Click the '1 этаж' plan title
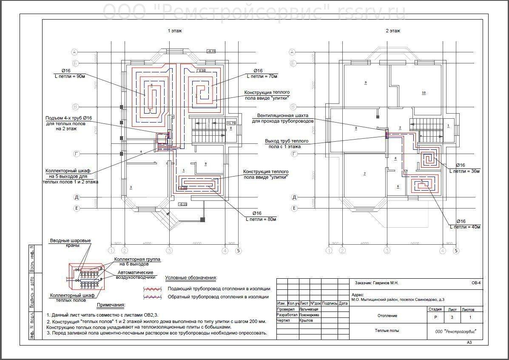[x=175, y=31]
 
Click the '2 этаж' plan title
[x=392, y=31]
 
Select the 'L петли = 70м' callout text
[x=262, y=76]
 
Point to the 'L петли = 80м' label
[x=261, y=220]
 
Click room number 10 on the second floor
[x=424, y=92]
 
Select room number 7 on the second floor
[x=364, y=173]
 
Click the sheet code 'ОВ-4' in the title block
[x=476, y=283]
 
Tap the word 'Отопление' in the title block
[x=387, y=316]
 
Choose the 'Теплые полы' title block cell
[x=387, y=330]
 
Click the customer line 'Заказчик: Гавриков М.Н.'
[x=376, y=283]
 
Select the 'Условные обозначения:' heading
[x=191, y=278]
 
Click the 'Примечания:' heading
[x=111, y=305]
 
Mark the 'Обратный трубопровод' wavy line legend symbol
[x=153, y=297]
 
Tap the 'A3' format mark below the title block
[x=469, y=342]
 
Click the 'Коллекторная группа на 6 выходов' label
[x=131, y=261]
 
